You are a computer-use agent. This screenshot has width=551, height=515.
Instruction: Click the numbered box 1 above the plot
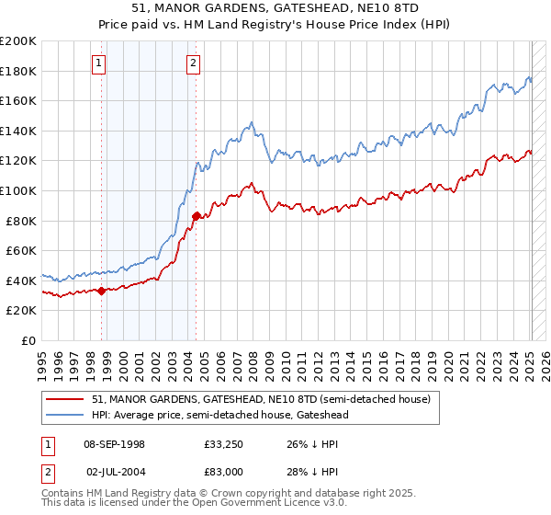pos(98,63)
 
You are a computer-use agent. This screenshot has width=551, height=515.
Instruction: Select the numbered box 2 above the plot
pos(193,63)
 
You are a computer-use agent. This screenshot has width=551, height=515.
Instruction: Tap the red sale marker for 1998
pos(101,291)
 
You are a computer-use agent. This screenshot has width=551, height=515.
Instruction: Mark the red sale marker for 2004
pos(196,216)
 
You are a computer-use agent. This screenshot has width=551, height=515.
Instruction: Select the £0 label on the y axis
pos(28,340)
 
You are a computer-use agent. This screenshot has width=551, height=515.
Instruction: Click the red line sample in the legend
pos(65,399)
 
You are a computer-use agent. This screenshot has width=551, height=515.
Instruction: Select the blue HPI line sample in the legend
pos(65,415)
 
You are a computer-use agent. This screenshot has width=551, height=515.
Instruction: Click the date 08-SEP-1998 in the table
pos(114,444)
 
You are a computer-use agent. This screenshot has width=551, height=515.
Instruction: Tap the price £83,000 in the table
pos(224,471)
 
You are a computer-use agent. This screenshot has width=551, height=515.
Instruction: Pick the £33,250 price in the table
pos(224,444)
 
